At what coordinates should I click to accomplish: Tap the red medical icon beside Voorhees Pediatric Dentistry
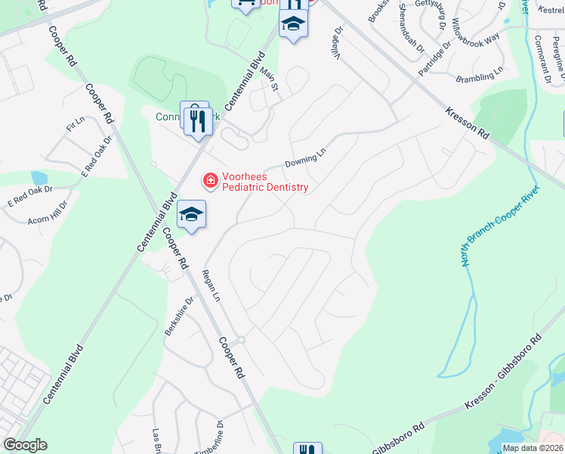[x=208, y=181]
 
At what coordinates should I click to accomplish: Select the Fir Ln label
[x=76, y=125]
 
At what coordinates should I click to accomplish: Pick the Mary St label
[x=270, y=82]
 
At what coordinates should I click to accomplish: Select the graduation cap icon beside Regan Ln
[x=192, y=215]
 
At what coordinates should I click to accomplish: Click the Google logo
[x=25, y=445]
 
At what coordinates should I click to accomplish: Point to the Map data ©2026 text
[x=533, y=448]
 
